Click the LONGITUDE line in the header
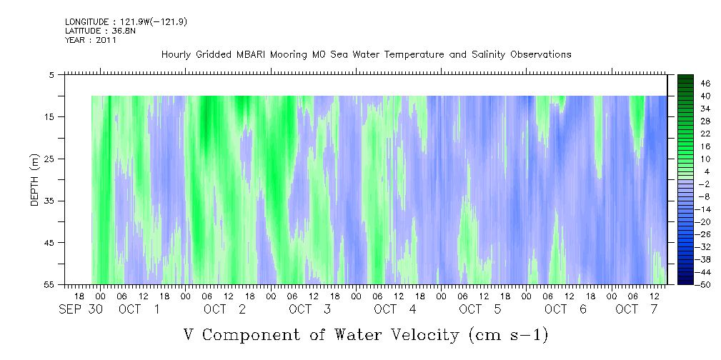[126, 22]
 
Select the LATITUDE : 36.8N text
[100, 31]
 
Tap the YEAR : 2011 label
[91, 40]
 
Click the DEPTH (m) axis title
[35, 180]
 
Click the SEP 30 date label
[81, 309]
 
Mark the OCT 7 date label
[636, 309]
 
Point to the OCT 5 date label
[480, 309]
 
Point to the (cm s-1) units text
[509, 335]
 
